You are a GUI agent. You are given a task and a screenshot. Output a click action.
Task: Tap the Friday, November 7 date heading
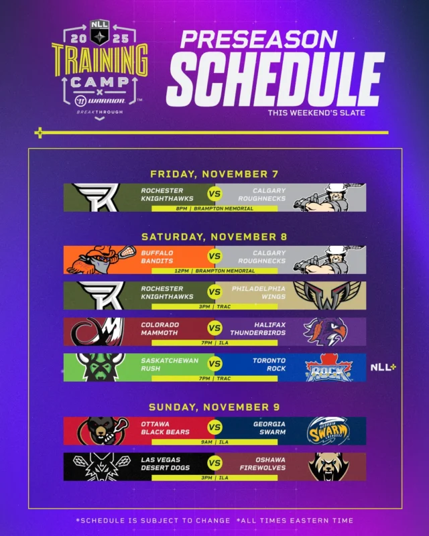214,174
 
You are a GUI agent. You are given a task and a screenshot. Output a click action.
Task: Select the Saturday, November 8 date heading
214,236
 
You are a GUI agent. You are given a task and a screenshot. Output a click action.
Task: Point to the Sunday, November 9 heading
214,407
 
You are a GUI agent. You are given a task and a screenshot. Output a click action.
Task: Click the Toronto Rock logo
328,368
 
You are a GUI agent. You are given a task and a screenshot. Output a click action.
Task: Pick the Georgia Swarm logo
328,431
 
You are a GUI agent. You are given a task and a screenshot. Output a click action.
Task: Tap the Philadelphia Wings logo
328,295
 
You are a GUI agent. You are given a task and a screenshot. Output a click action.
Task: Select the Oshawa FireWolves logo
328,466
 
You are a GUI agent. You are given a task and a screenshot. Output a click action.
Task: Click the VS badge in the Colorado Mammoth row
214,328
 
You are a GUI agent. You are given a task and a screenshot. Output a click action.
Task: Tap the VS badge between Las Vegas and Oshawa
214,463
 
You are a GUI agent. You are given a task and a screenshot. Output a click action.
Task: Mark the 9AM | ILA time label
214,442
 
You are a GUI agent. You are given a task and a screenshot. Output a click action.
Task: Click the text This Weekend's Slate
316,113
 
